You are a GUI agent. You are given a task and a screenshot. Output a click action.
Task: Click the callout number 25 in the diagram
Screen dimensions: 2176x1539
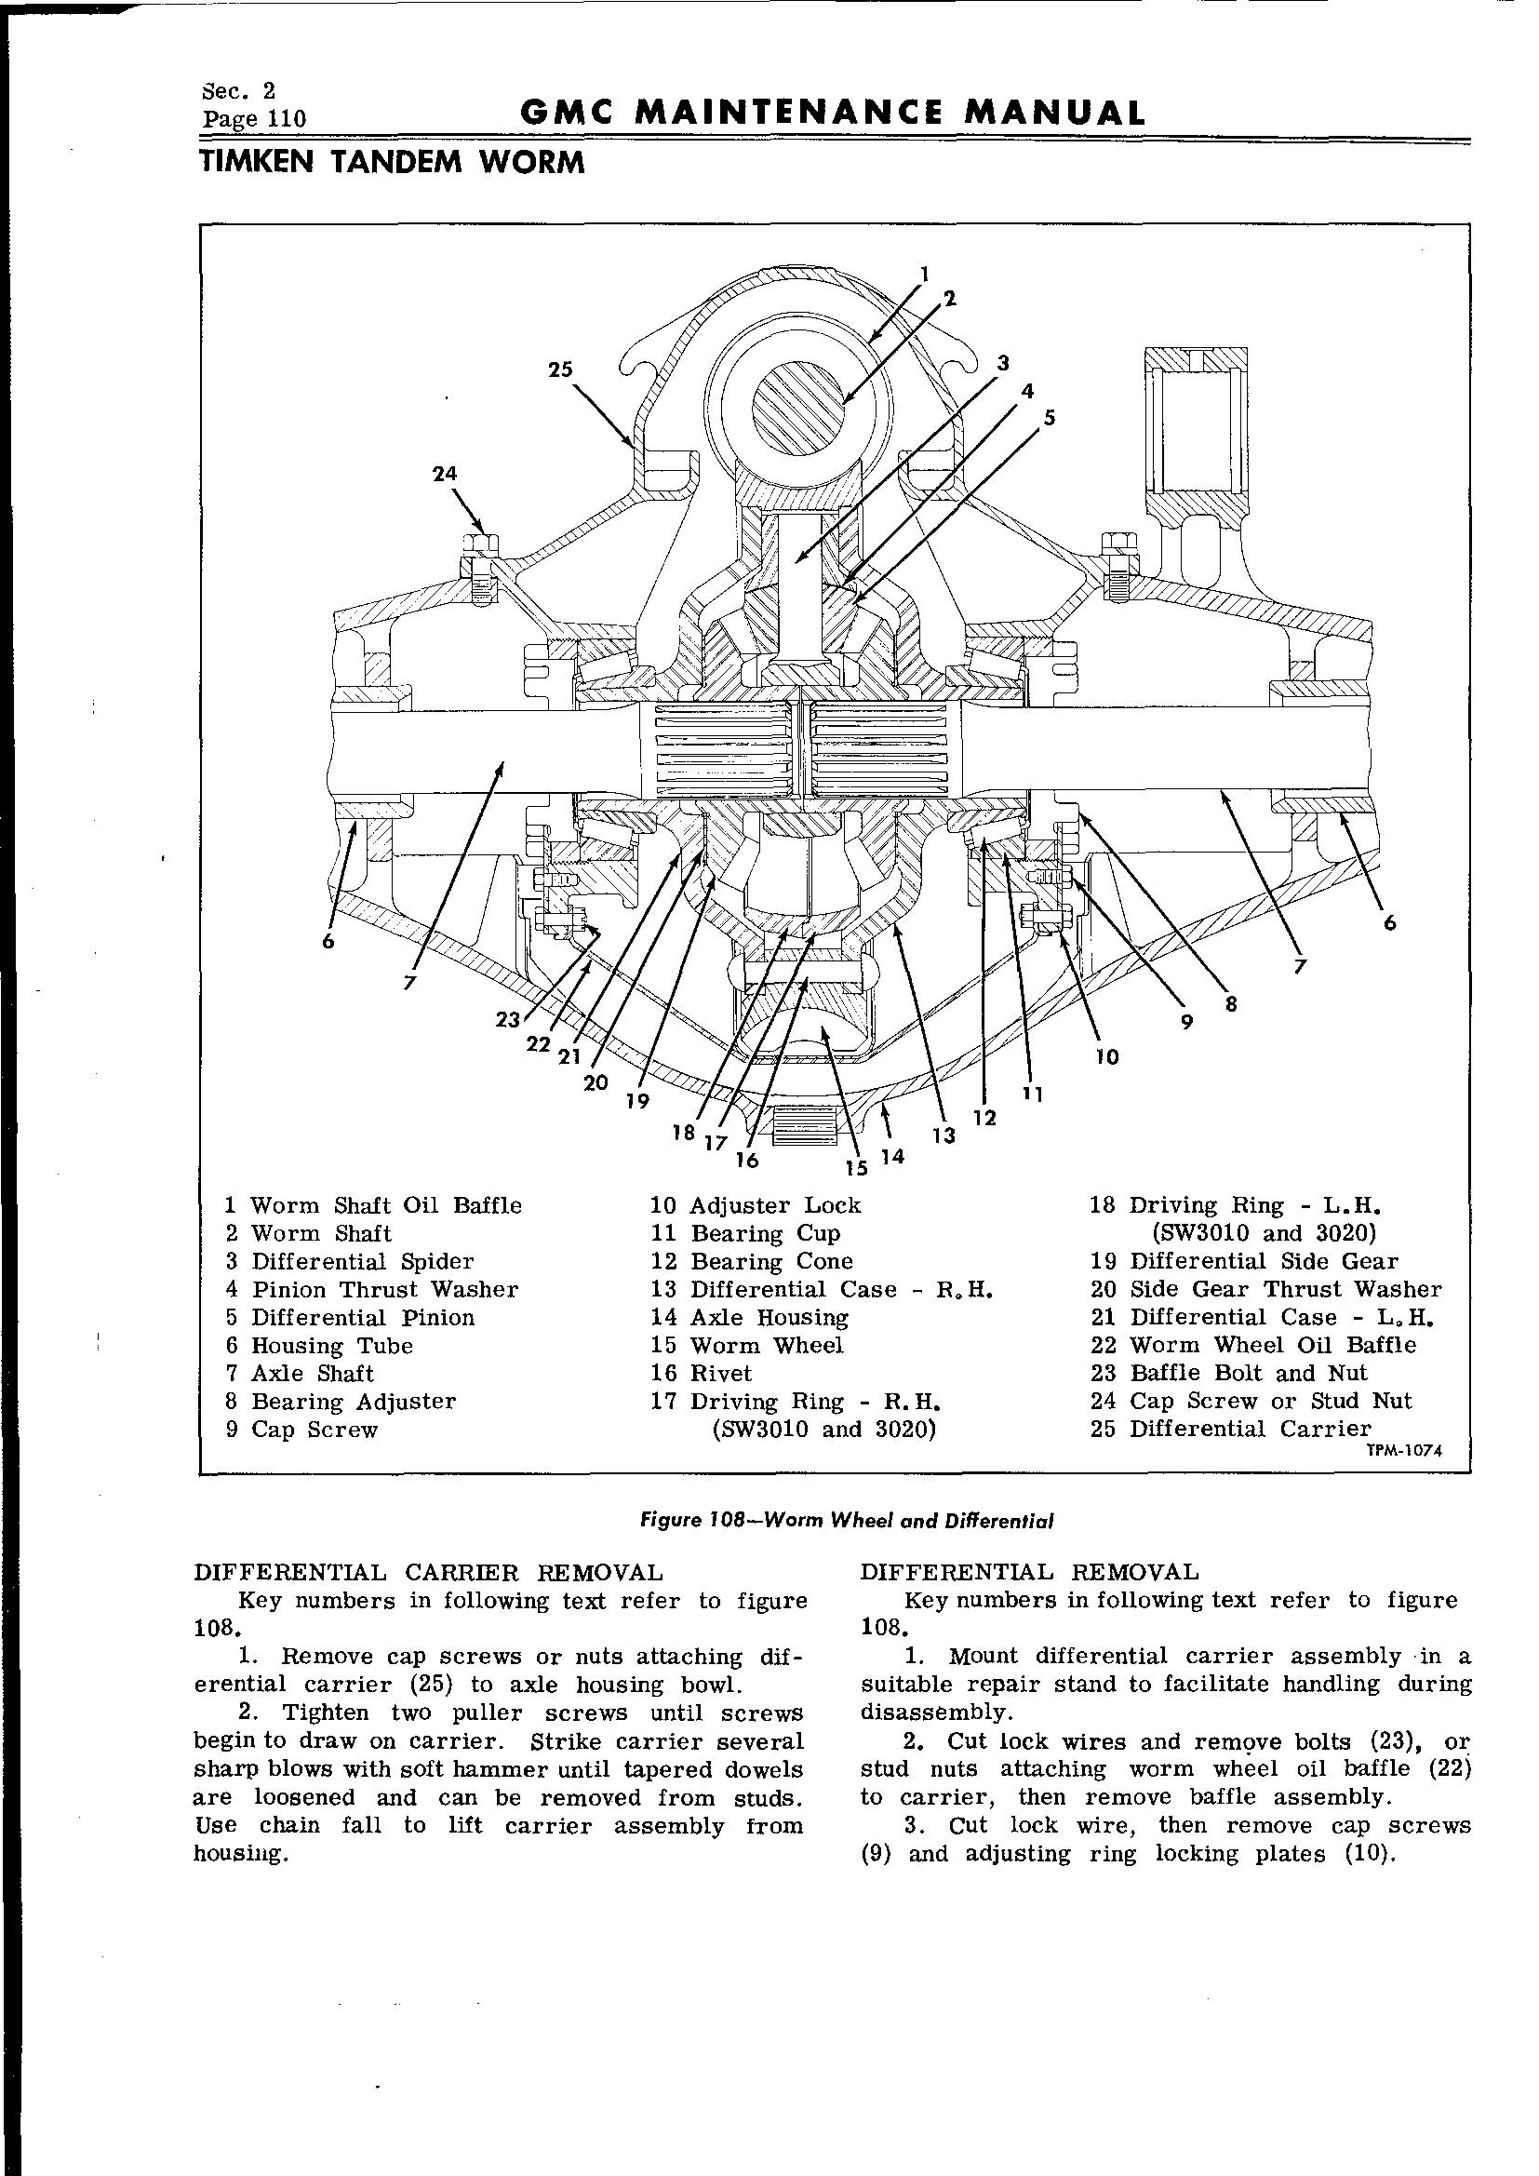point(561,369)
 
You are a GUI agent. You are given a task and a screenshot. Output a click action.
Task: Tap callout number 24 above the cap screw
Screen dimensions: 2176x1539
point(446,473)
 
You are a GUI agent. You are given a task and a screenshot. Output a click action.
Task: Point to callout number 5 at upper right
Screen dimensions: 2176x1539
point(1048,418)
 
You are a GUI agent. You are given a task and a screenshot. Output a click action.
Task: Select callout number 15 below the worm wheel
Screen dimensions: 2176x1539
point(857,1167)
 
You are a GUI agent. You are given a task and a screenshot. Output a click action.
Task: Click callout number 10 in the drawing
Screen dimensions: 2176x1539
point(1107,1055)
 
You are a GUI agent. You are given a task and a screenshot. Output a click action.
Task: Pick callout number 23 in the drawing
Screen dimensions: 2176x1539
point(509,1020)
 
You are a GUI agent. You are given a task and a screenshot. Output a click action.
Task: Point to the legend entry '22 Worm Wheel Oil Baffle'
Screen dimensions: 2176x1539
point(1252,1345)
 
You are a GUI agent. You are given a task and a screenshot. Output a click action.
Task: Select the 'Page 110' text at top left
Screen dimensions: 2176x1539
point(254,119)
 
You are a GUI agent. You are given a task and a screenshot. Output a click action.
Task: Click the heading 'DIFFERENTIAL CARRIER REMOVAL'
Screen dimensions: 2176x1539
point(427,1572)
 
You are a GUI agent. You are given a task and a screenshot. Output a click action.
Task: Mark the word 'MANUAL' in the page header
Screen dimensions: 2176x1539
point(1053,114)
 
